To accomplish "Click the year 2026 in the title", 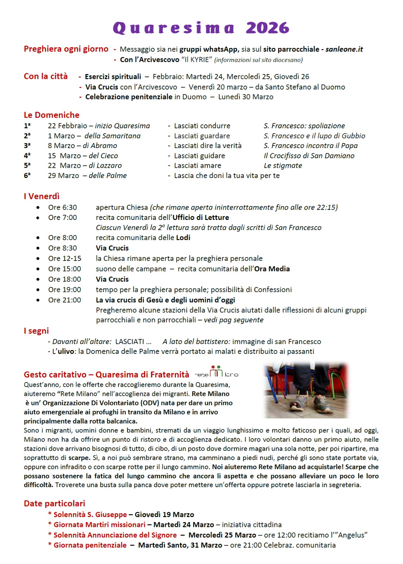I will pyautogui.click(x=267, y=28).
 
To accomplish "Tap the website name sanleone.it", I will pyautogui.click(x=344, y=49).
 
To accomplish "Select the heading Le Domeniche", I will pyautogui.click(x=51, y=115).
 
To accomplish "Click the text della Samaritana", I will pyautogui.click(x=112, y=136).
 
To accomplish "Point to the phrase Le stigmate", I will pyautogui.click(x=283, y=165).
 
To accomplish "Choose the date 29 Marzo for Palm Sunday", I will pyautogui.click(x=63, y=176).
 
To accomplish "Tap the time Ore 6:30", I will pyautogui.click(x=62, y=207).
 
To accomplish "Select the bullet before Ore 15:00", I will pyautogui.click(x=38, y=269).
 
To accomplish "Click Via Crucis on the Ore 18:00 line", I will pyautogui.click(x=112, y=279).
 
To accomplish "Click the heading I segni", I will pyautogui.click(x=36, y=331).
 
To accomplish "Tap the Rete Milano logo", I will pyautogui.click(x=216, y=372).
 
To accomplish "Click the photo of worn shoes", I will pyautogui.click(x=306, y=390).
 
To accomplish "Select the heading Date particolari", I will pyautogui.click(x=55, y=503).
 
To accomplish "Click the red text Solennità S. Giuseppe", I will pyautogui.click(x=90, y=515).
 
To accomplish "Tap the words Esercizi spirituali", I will pyautogui.click(x=113, y=76).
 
